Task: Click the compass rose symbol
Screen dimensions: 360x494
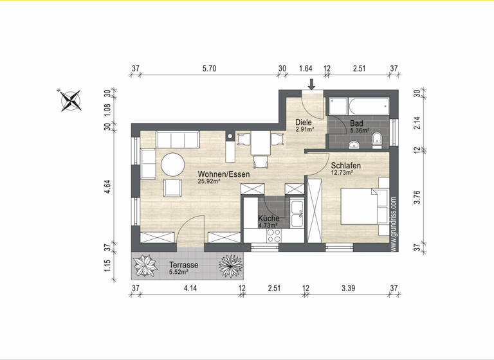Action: click(71, 100)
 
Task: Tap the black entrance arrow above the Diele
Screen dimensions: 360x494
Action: click(312, 84)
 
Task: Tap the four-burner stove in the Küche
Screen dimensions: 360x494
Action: click(272, 237)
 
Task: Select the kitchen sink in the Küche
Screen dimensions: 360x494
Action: click(297, 213)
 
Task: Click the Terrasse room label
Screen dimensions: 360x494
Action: click(183, 265)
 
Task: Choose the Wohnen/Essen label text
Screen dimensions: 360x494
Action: click(223, 174)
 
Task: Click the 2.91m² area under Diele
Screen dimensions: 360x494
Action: click(304, 129)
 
